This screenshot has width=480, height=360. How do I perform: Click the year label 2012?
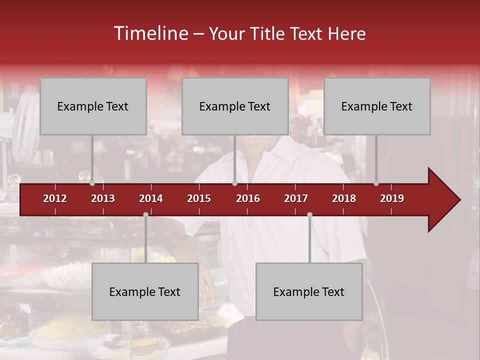tap(55, 198)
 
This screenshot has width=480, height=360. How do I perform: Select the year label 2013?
tap(103, 198)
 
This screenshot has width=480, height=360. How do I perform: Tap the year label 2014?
tap(151, 198)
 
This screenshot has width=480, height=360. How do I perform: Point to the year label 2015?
tap(199, 198)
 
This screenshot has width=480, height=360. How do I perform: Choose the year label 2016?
tap(248, 198)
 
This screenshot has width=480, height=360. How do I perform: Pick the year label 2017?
tap(296, 198)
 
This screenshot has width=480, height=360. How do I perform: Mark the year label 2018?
tap(344, 198)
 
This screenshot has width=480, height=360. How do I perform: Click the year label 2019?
tap(392, 198)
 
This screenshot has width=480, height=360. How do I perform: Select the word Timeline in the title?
tap(150, 33)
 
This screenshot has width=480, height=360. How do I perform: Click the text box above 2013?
tap(93, 106)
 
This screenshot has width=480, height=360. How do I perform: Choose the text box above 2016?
tap(235, 106)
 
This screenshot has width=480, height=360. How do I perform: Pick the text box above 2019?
tap(377, 106)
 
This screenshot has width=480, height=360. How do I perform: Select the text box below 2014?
tap(145, 291)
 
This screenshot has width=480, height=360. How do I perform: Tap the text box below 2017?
tap(309, 291)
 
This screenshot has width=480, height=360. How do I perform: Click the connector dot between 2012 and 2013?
tap(92, 183)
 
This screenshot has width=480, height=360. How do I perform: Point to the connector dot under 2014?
tap(145, 214)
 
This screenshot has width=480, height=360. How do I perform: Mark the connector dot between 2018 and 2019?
tap(376, 183)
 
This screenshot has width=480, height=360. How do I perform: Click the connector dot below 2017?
tap(309, 214)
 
